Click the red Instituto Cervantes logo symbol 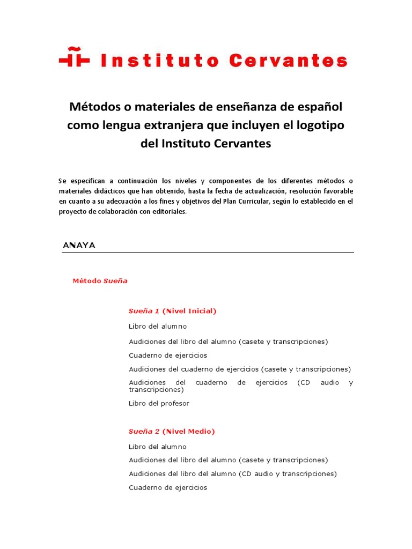[x=74, y=58]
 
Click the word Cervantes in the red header [x=288, y=60]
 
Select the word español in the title [x=317, y=106]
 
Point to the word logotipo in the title [x=318, y=125]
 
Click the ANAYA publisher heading [x=79, y=245]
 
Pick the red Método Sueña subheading [x=100, y=281]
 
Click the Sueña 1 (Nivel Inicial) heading [x=172, y=311]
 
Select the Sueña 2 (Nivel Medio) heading [x=172, y=431]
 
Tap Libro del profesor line [x=159, y=403]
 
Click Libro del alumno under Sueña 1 [x=158, y=326]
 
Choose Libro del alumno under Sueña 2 [x=158, y=447]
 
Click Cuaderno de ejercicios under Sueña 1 [x=168, y=355]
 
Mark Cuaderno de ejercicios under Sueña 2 [x=168, y=487]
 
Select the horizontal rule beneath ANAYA [x=208, y=252]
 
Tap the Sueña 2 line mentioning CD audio [x=233, y=474]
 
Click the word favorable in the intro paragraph [x=334, y=191]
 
